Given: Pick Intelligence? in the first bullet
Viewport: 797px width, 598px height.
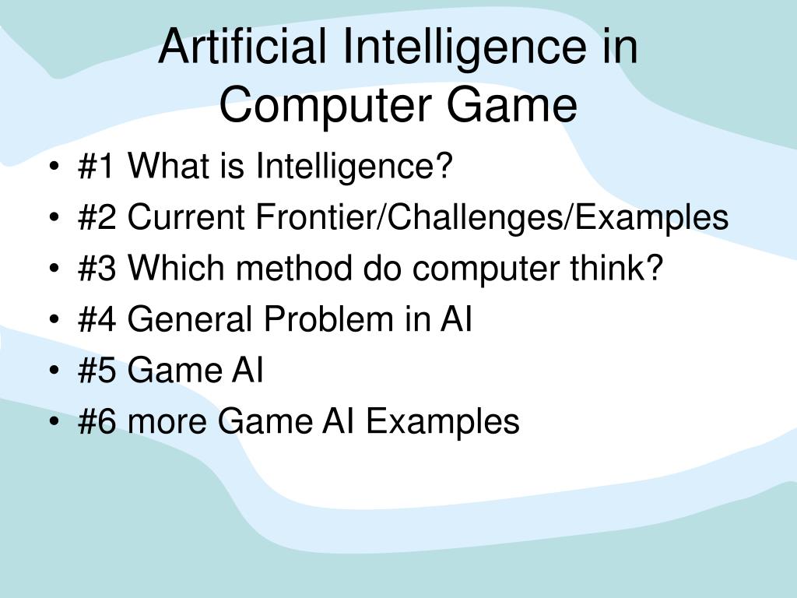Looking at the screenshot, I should pyautogui.click(x=355, y=167).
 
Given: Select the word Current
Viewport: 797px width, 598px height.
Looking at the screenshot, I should pyautogui.click(x=185, y=217).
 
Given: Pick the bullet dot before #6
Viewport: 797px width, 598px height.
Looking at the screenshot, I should pyautogui.click(x=53, y=423).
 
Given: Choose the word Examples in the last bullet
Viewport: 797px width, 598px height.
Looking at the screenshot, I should pyautogui.click(x=443, y=423).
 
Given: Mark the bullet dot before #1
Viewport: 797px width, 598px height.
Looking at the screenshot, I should pyautogui.click(x=53, y=167).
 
